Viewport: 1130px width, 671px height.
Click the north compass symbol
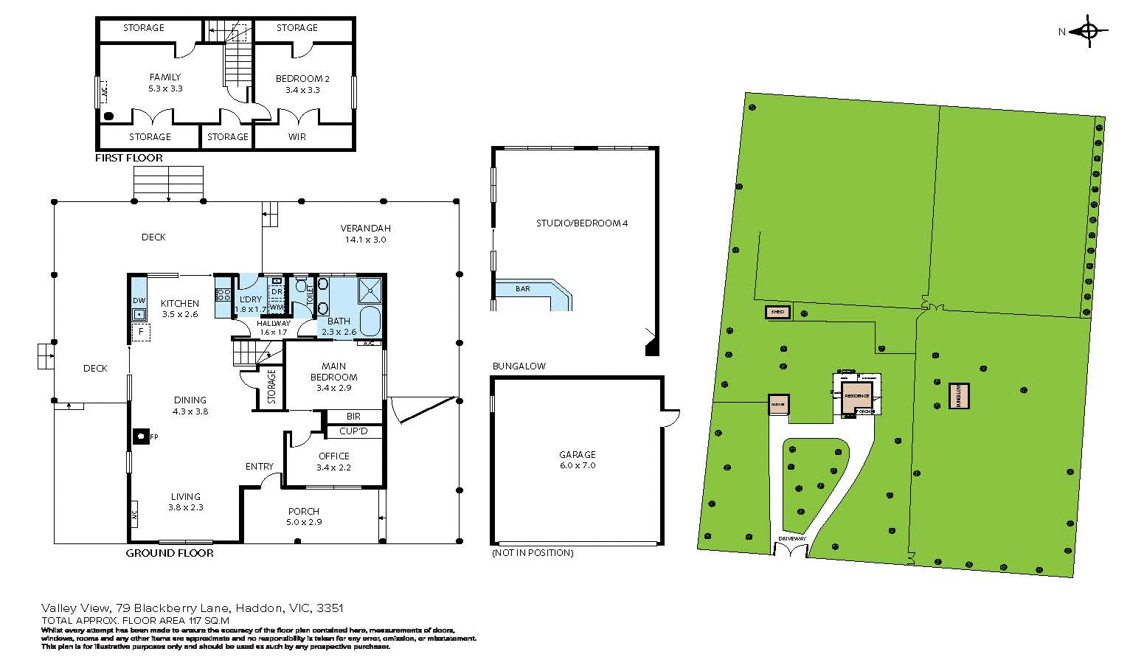point(1088,32)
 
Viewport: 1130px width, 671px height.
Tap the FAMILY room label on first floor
point(164,83)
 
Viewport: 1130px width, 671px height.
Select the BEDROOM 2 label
point(302,84)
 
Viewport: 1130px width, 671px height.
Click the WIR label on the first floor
point(297,137)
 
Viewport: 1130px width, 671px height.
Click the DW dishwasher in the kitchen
point(139,301)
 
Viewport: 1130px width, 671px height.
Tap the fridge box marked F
point(140,333)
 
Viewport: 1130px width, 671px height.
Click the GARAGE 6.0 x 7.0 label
point(577,460)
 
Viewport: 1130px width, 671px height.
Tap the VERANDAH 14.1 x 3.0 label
point(365,234)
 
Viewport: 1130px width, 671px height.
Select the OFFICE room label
point(333,462)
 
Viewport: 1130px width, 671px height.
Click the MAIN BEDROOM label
point(333,377)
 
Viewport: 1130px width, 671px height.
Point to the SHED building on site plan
point(777,313)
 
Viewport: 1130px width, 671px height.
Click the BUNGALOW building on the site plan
point(959,396)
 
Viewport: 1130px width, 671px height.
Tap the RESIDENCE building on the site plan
point(857,396)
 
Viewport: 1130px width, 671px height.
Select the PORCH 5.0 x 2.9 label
point(303,516)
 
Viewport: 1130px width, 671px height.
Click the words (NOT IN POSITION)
point(532,553)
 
